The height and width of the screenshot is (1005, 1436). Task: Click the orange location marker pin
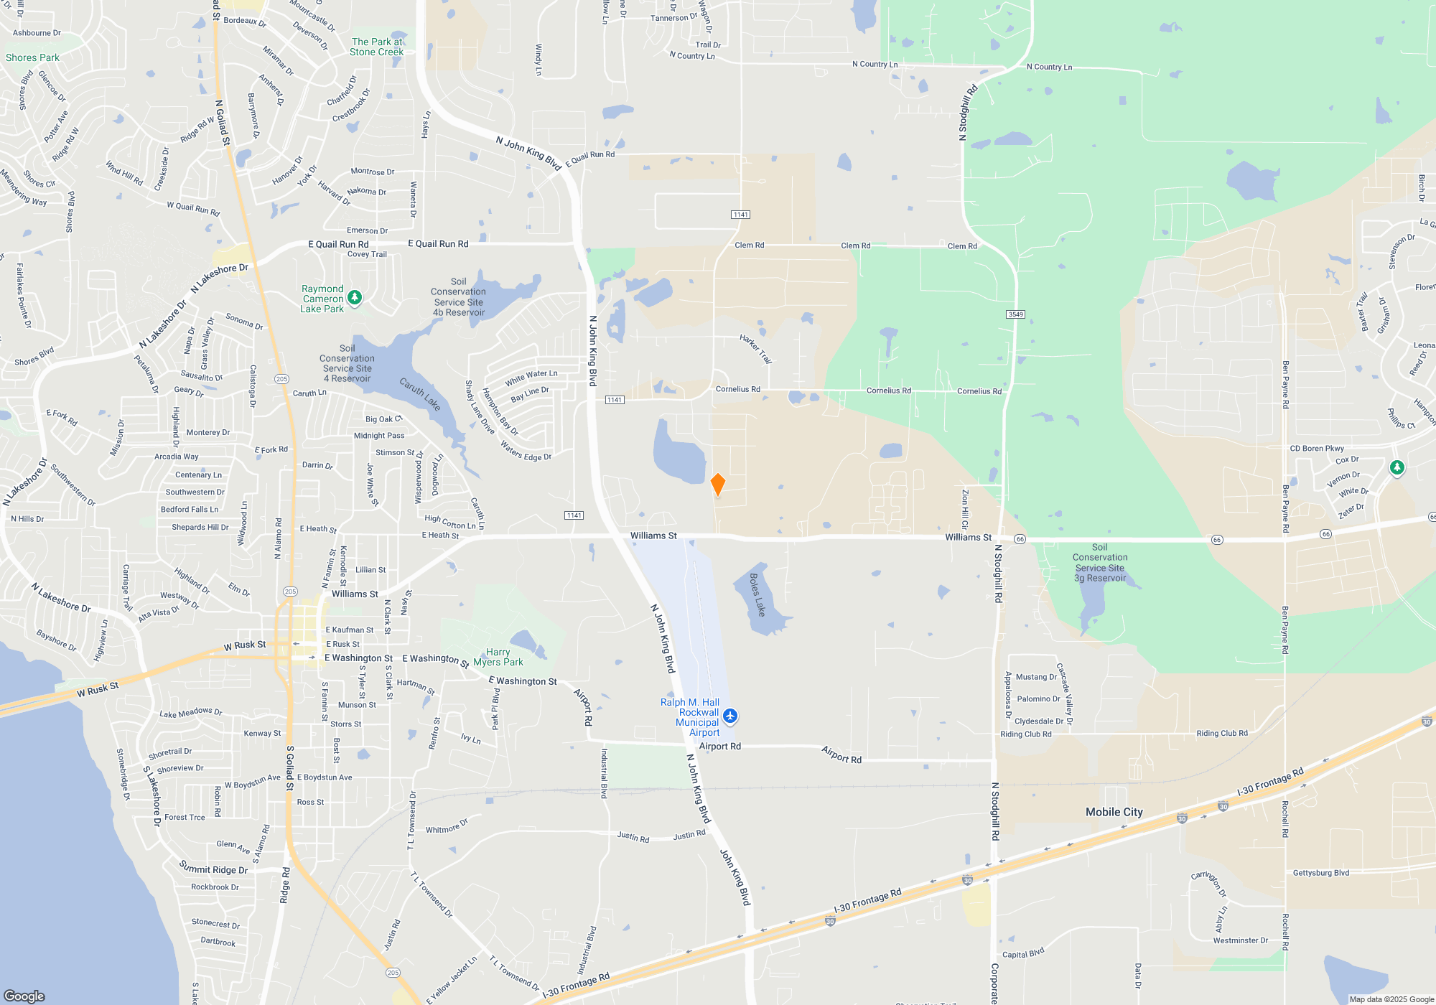pyautogui.click(x=717, y=484)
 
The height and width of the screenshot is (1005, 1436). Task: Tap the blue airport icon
pyautogui.click(x=730, y=716)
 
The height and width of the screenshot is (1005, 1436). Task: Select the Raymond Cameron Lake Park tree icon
pyautogui.click(x=354, y=297)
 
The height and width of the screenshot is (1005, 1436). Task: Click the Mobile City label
pyautogui.click(x=1114, y=812)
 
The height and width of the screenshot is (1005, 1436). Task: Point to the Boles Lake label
pyautogui.click(x=757, y=594)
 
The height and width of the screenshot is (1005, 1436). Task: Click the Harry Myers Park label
pyautogui.click(x=498, y=657)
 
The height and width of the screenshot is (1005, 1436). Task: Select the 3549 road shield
pyautogui.click(x=1015, y=314)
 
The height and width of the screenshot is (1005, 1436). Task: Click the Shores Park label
pyautogui.click(x=32, y=57)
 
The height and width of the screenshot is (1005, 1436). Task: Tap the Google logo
pyautogui.click(x=24, y=996)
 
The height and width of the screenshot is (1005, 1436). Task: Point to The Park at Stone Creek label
pyautogui.click(x=377, y=47)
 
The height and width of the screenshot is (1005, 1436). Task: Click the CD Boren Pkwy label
pyautogui.click(x=1317, y=449)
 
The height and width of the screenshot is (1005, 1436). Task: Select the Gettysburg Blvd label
pyautogui.click(x=1321, y=873)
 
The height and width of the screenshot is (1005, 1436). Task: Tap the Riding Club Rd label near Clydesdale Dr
pyautogui.click(x=1025, y=734)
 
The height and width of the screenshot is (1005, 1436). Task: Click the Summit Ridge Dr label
pyautogui.click(x=213, y=869)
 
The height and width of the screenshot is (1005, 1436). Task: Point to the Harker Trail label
pyautogui.click(x=756, y=349)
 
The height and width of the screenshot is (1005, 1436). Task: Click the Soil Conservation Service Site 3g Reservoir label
pyautogui.click(x=1100, y=562)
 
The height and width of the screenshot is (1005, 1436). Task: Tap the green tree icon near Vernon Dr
pyautogui.click(x=1397, y=468)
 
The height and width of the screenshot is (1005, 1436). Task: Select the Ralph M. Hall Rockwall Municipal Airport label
pyautogui.click(x=690, y=717)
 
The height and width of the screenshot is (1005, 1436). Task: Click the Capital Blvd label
pyautogui.click(x=1022, y=953)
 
